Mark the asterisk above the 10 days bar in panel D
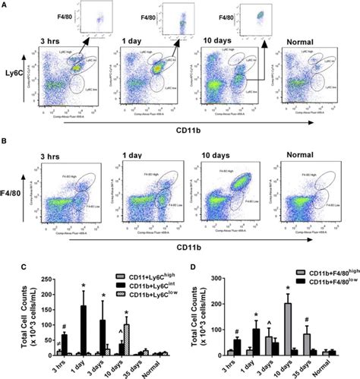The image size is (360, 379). tap(288, 288)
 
